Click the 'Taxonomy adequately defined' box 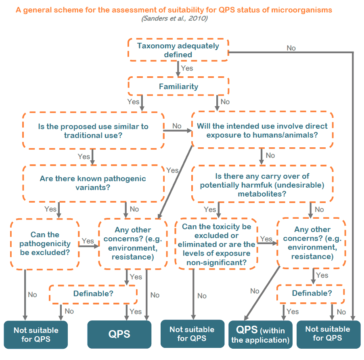178,50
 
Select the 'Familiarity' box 178,86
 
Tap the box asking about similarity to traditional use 93,131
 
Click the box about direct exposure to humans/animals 262,130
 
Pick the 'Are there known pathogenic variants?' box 93,183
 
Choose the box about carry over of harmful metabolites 262,185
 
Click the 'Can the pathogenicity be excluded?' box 45,244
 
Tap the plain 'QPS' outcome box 119,334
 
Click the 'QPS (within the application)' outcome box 260,335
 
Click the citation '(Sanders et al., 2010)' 174,19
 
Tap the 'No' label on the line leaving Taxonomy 291,48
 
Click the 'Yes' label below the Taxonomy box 187,68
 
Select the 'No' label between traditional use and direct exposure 177,126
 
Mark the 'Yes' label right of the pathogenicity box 88,241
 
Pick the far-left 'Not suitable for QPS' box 36,335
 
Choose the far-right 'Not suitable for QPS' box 328,334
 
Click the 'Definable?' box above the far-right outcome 312,293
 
